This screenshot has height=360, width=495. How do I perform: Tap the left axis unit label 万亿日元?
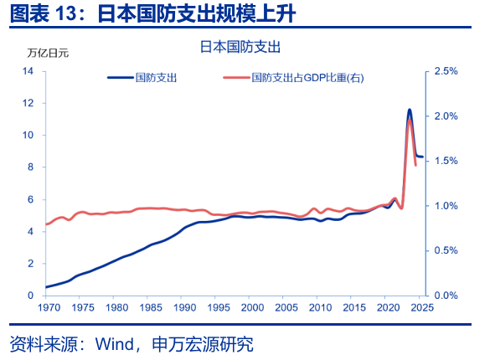pyautogui.click(x=48, y=53)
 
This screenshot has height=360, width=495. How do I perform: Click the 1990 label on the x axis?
pyautogui.click(x=184, y=307)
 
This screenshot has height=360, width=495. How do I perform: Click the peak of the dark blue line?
pyautogui.click(x=410, y=110)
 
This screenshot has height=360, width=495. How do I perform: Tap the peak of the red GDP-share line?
pyautogui.click(x=410, y=120)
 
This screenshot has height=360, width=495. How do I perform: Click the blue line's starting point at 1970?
pyautogui.click(x=46, y=287)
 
